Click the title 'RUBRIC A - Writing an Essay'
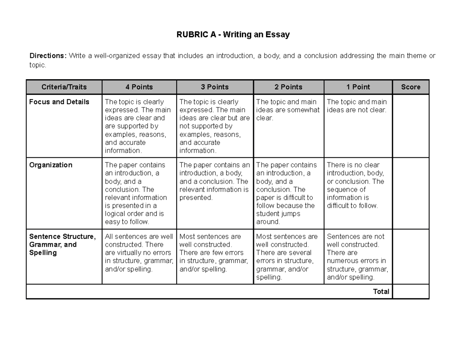(x=233, y=35)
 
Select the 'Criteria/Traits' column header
(x=64, y=87)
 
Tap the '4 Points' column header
(x=139, y=87)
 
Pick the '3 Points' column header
(x=215, y=87)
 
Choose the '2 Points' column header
(x=289, y=87)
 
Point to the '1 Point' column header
(x=358, y=87)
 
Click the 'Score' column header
(x=410, y=87)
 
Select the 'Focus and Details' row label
(x=59, y=102)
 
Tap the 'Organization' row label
(x=51, y=165)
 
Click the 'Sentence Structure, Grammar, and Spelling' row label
(x=62, y=245)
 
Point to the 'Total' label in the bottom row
(x=381, y=292)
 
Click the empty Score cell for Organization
(x=410, y=193)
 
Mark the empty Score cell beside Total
(x=410, y=292)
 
